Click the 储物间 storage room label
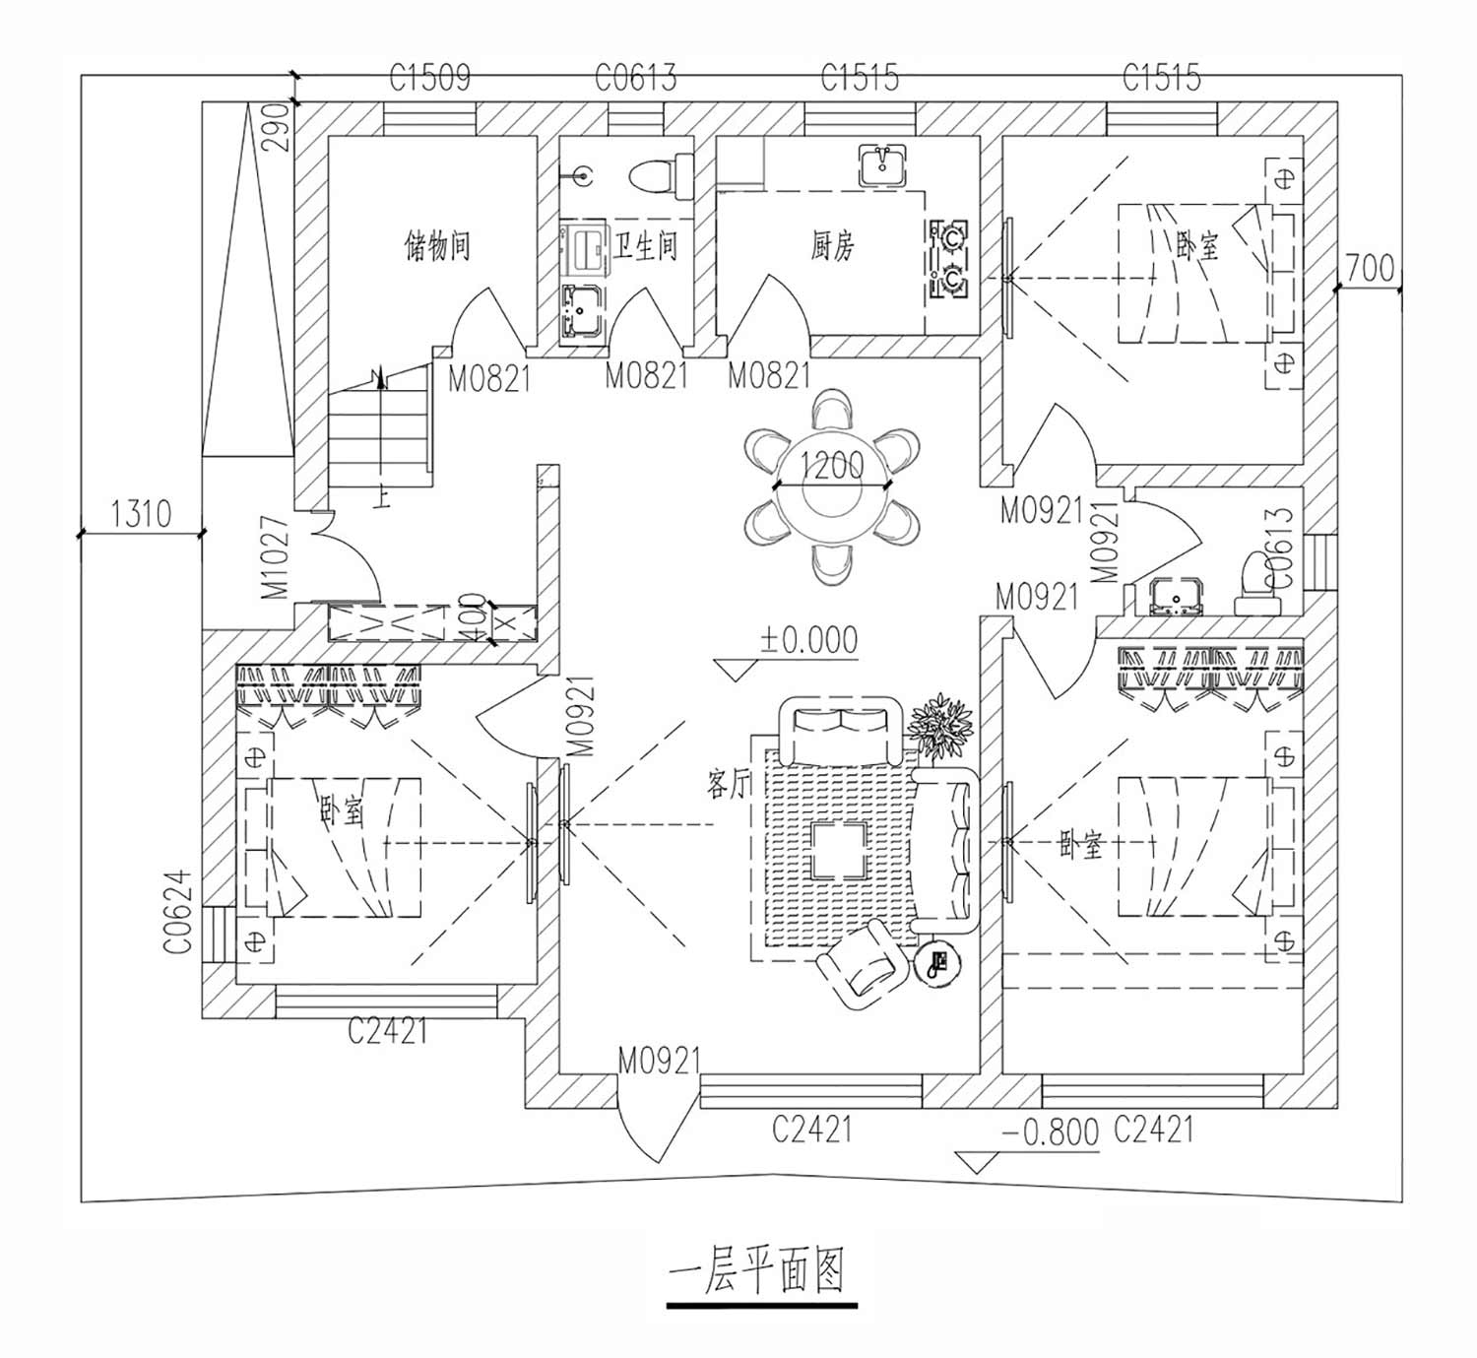pos(436,245)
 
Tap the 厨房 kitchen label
pos(833,245)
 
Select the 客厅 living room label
pos(729,784)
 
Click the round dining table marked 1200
pos(832,487)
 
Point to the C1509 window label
pos(429,78)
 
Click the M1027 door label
pos(276,556)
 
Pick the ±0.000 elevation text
pos(809,640)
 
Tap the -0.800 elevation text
pos(1051,1132)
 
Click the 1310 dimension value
pos(141,513)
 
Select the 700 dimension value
pos(1370,269)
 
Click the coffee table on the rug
pos(838,851)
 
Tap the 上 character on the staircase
pos(381,498)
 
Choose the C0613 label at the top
pos(635,78)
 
